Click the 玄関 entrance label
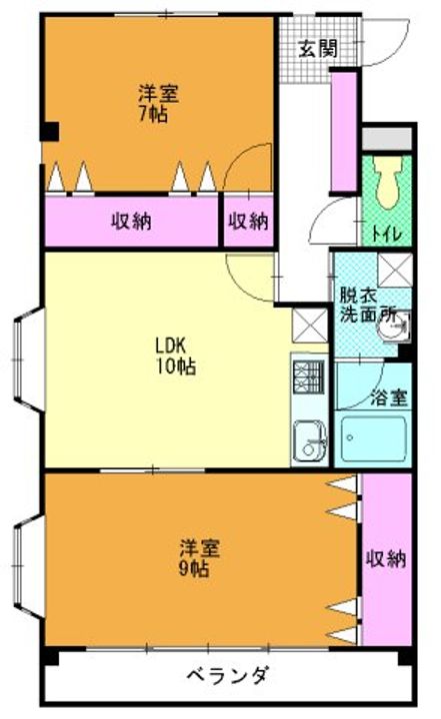(318, 49)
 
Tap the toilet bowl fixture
(387, 183)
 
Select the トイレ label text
(386, 235)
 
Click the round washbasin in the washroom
(392, 326)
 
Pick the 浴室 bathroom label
(389, 397)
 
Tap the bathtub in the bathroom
(373, 439)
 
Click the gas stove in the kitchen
(309, 377)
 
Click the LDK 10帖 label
(176, 356)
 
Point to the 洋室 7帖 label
(158, 104)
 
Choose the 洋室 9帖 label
(198, 558)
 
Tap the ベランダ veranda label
(228, 675)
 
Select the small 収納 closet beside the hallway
(249, 221)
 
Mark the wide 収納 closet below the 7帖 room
(131, 221)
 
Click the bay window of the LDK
(28, 360)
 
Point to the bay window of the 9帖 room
(28, 567)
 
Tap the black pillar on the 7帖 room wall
(50, 132)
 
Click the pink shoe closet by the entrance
(344, 131)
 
